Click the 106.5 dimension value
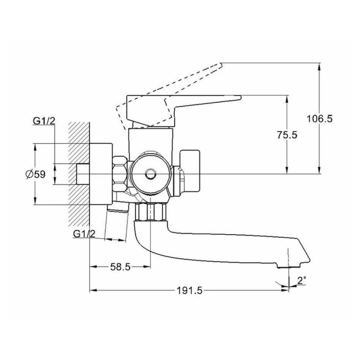point(319,119)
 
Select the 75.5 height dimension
point(287,135)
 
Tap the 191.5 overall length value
point(190,291)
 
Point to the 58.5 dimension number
point(120,267)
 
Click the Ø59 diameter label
point(35,174)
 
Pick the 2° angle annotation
point(302,280)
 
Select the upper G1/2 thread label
point(44,121)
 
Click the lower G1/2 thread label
point(84,234)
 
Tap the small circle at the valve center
point(151,174)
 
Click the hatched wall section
point(79,174)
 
